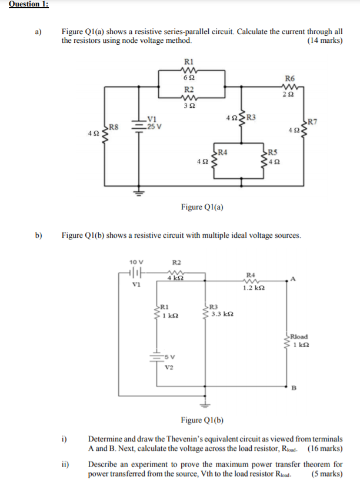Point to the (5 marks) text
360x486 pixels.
327,474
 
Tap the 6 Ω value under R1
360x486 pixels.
188,78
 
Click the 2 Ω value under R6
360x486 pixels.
289,95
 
